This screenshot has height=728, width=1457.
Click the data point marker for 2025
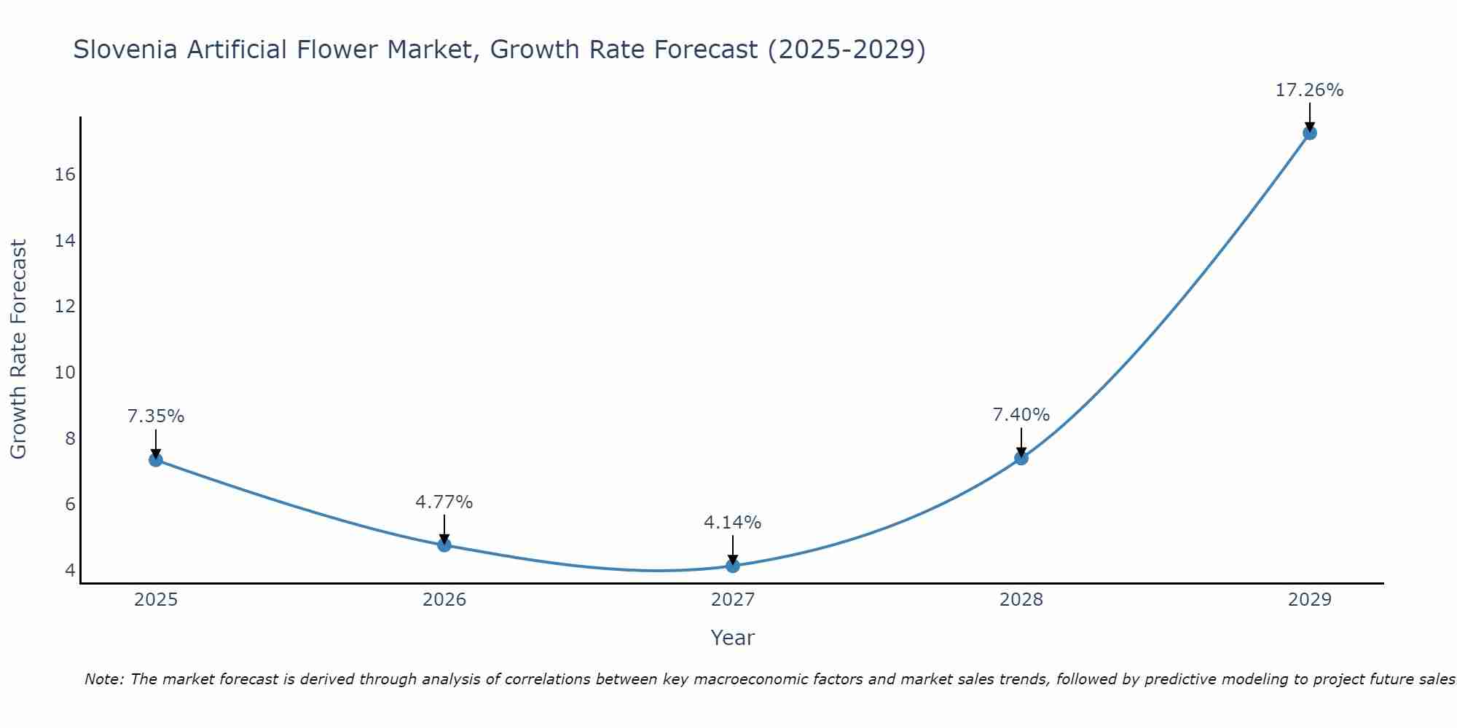(x=155, y=459)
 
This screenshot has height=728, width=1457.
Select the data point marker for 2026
(x=444, y=545)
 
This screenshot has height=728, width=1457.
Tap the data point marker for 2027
(x=733, y=566)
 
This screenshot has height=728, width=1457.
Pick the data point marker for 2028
(x=1021, y=458)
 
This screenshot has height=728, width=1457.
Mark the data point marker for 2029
(x=1310, y=132)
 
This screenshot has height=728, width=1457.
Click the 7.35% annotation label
(x=156, y=416)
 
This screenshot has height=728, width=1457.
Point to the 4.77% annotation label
(x=444, y=502)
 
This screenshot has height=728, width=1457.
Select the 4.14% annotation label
(x=733, y=523)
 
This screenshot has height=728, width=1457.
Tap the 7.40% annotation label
(x=1021, y=415)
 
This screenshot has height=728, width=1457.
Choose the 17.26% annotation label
(x=1310, y=90)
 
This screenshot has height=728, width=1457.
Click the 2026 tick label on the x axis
(x=444, y=600)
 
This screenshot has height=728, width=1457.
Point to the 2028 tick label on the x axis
(x=1021, y=600)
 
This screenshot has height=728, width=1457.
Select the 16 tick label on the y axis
(x=65, y=175)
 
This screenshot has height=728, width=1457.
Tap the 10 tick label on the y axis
(x=65, y=373)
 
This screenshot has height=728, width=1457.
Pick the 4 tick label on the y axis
(x=70, y=570)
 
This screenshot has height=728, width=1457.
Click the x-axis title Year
(x=733, y=638)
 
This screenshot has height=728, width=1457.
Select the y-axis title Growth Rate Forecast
(x=19, y=349)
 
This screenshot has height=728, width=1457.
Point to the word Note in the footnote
(x=104, y=679)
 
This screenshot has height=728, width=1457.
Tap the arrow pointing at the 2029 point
(x=1310, y=116)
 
